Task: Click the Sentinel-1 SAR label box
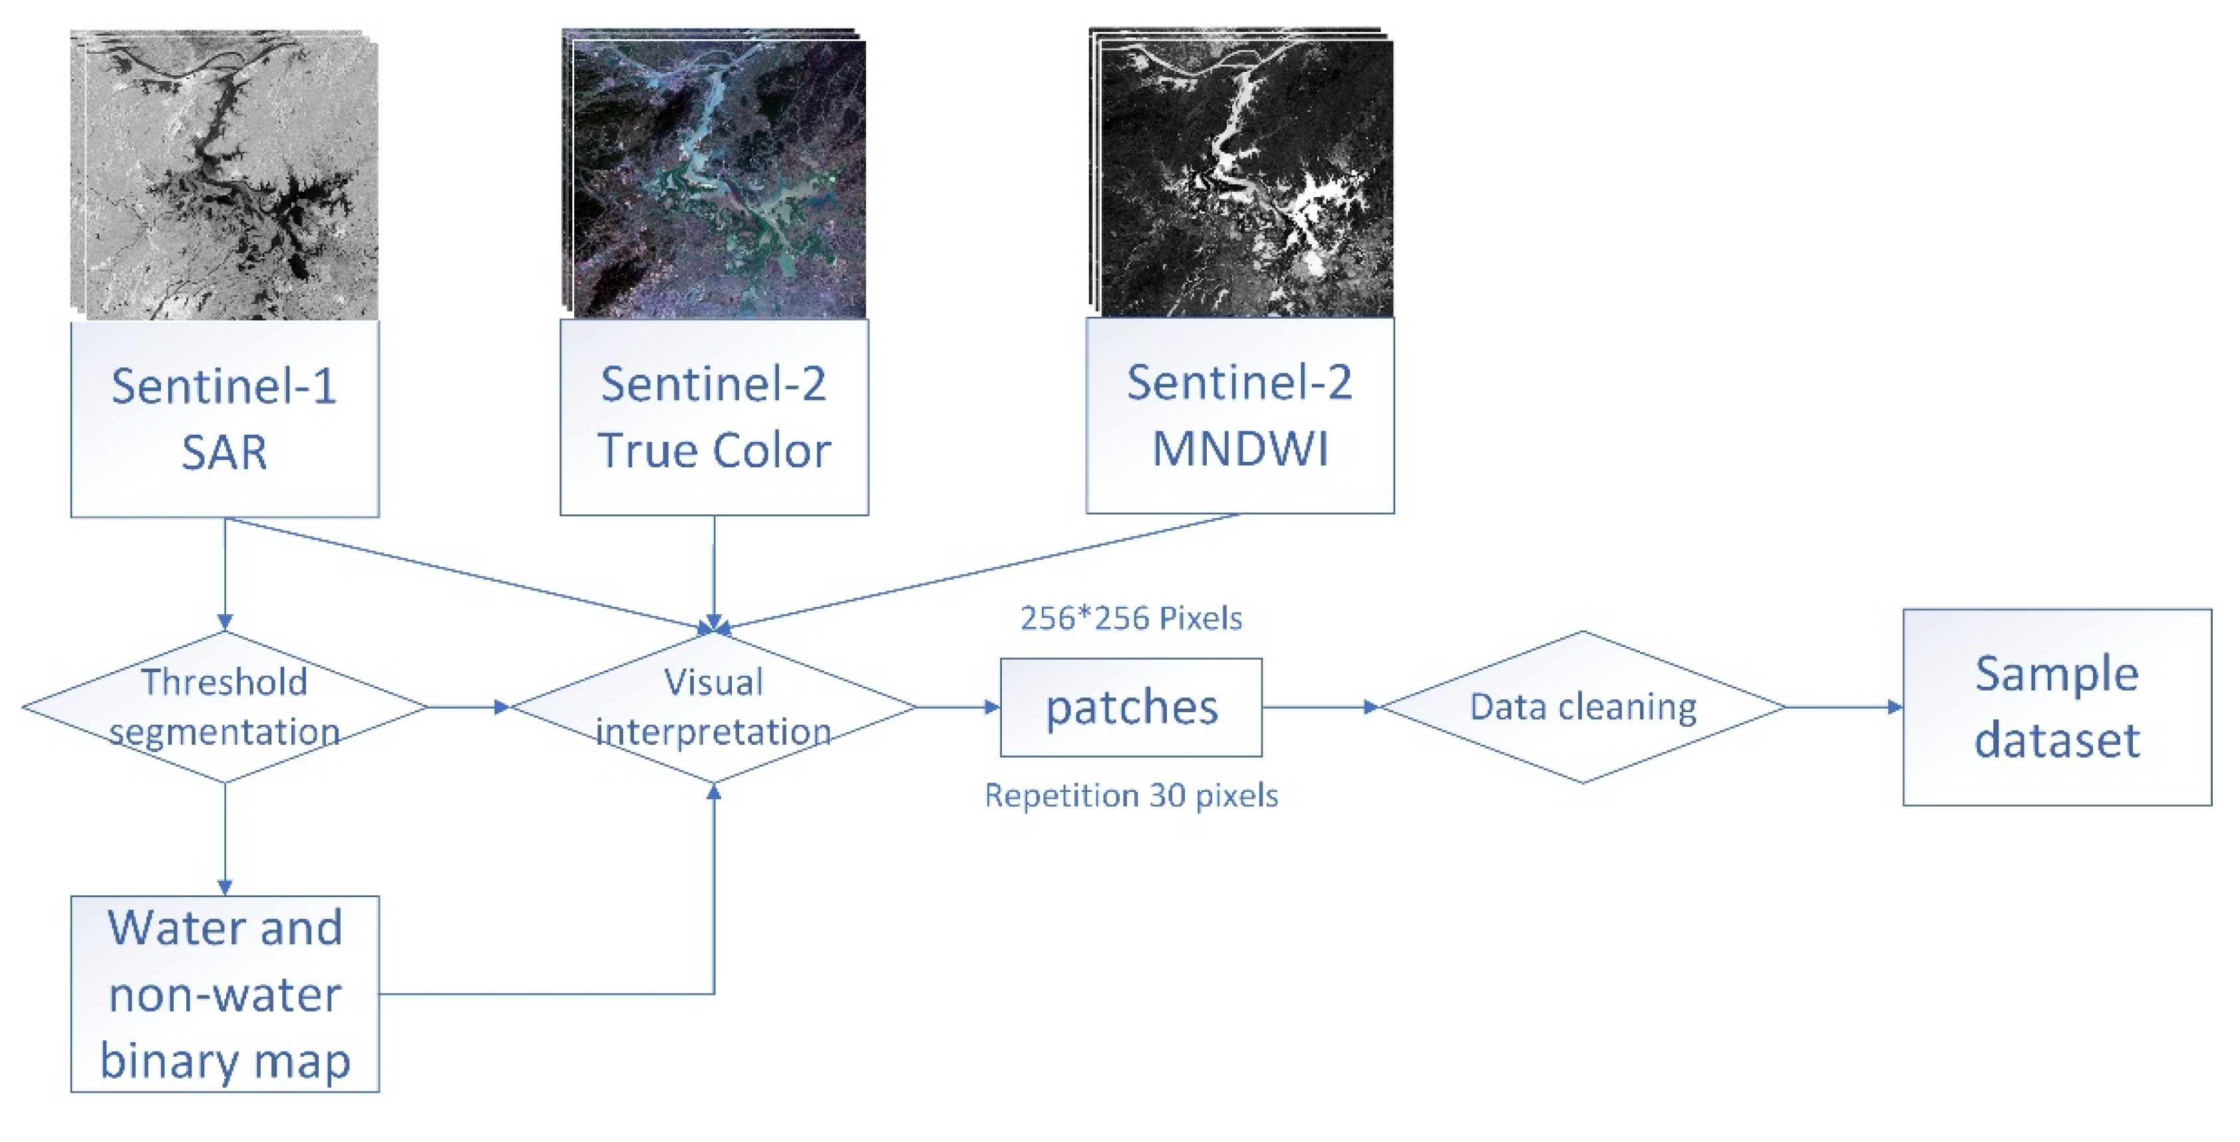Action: tap(224, 419)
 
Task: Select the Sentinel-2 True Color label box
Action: tap(714, 417)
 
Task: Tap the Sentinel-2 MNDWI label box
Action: tap(1240, 416)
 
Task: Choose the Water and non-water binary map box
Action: tap(224, 994)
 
